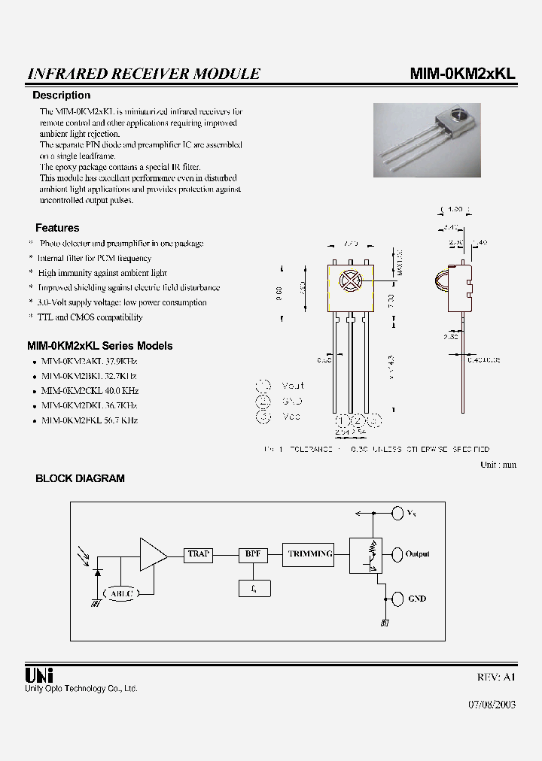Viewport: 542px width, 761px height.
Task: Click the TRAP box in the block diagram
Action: [x=199, y=554]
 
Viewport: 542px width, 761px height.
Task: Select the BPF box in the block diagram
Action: [x=253, y=554]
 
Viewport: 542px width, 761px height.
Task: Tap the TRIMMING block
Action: [x=309, y=554]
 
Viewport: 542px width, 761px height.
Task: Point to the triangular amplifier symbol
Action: [x=152, y=554]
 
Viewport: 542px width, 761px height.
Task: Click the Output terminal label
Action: [x=417, y=554]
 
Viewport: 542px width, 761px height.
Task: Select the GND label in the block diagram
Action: [x=416, y=599]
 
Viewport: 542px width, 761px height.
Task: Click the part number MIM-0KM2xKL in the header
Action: [x=462, y=73]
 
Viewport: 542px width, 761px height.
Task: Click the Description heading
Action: [x=61, y=96]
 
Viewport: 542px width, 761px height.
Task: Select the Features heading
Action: [x=57, y=228]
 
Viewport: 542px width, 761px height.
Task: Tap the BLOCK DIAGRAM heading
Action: [x=80, y=478]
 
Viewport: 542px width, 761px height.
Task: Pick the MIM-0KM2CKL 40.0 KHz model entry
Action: [x=90, y=391]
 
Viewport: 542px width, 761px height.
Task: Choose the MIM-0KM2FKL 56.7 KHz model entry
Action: [x=90, y=420]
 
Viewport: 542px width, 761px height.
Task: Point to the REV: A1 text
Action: [x=496, y=677]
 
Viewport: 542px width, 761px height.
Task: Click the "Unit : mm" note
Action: [x=498, y=465]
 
